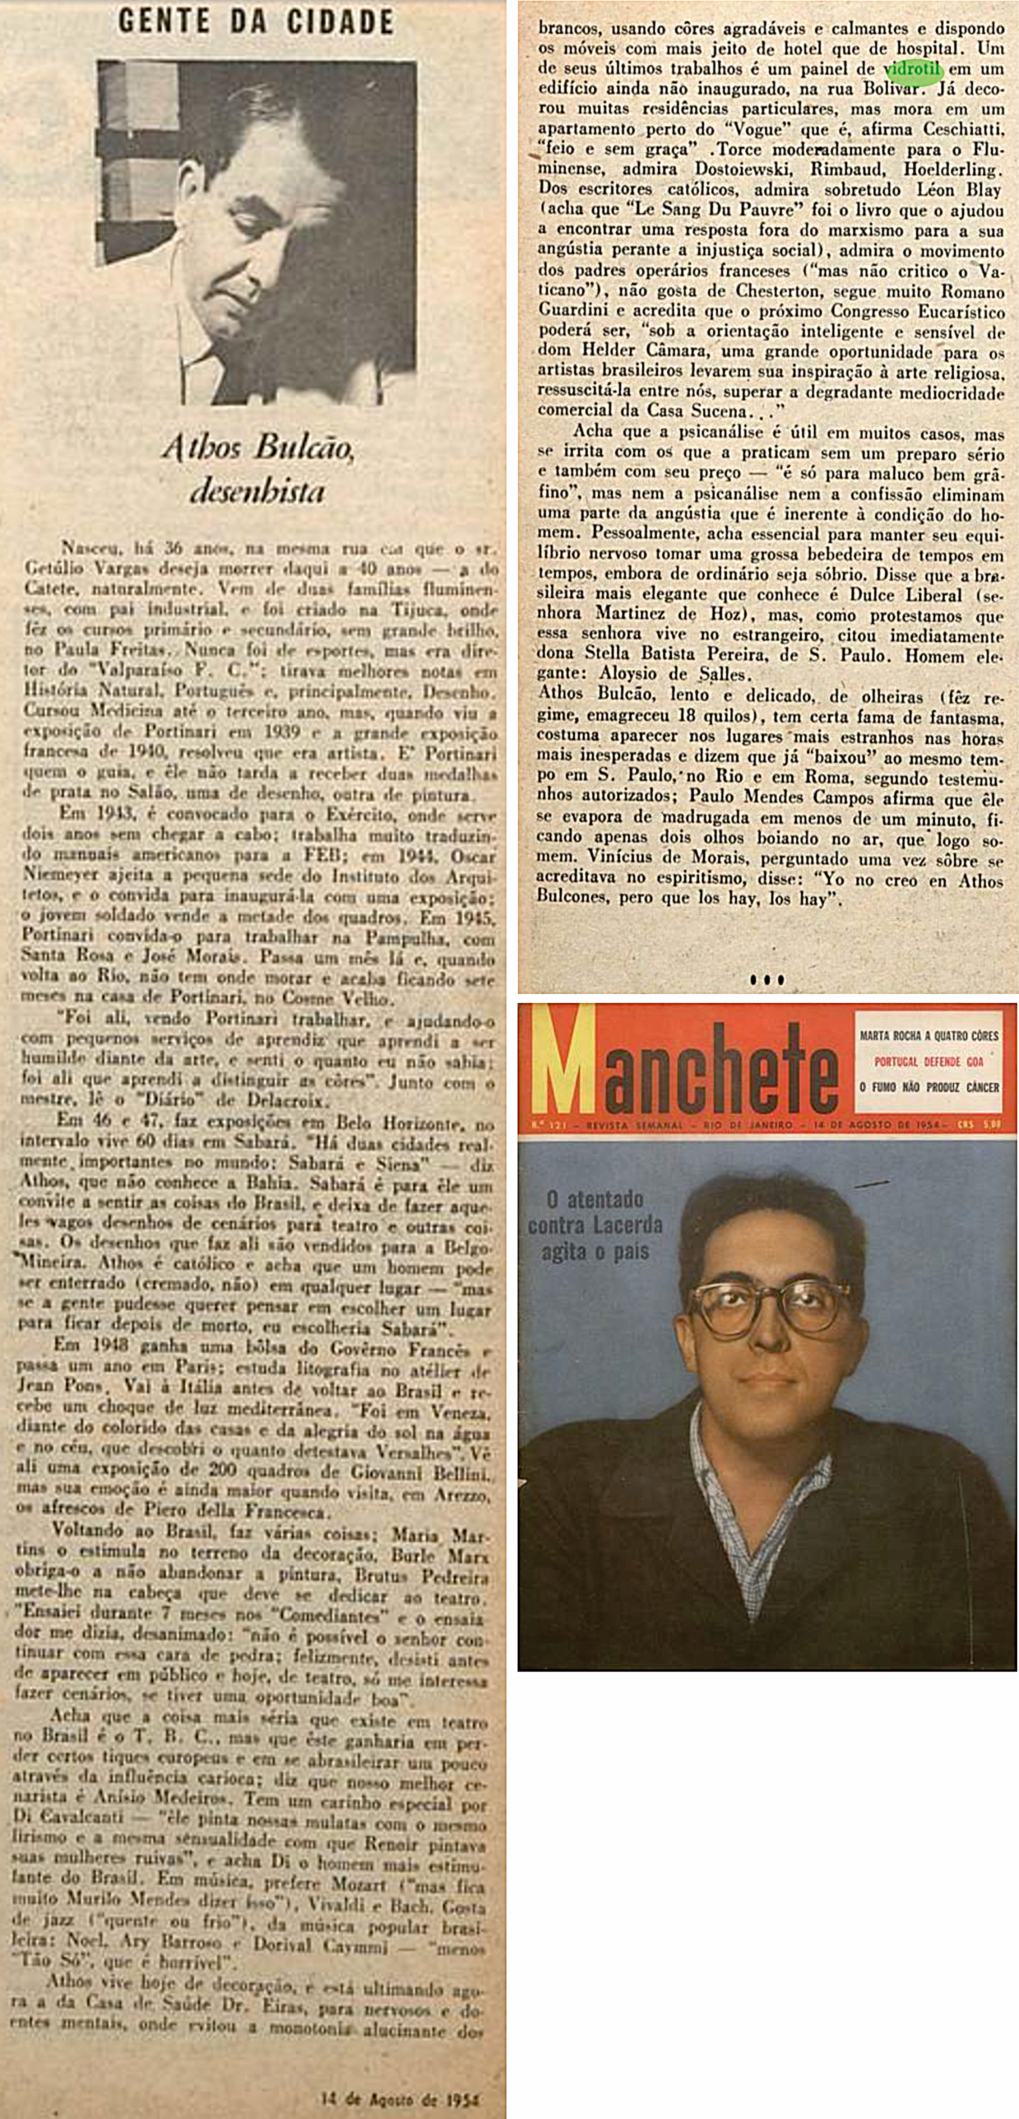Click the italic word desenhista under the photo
pyautogui.click(x=257, y=491)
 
